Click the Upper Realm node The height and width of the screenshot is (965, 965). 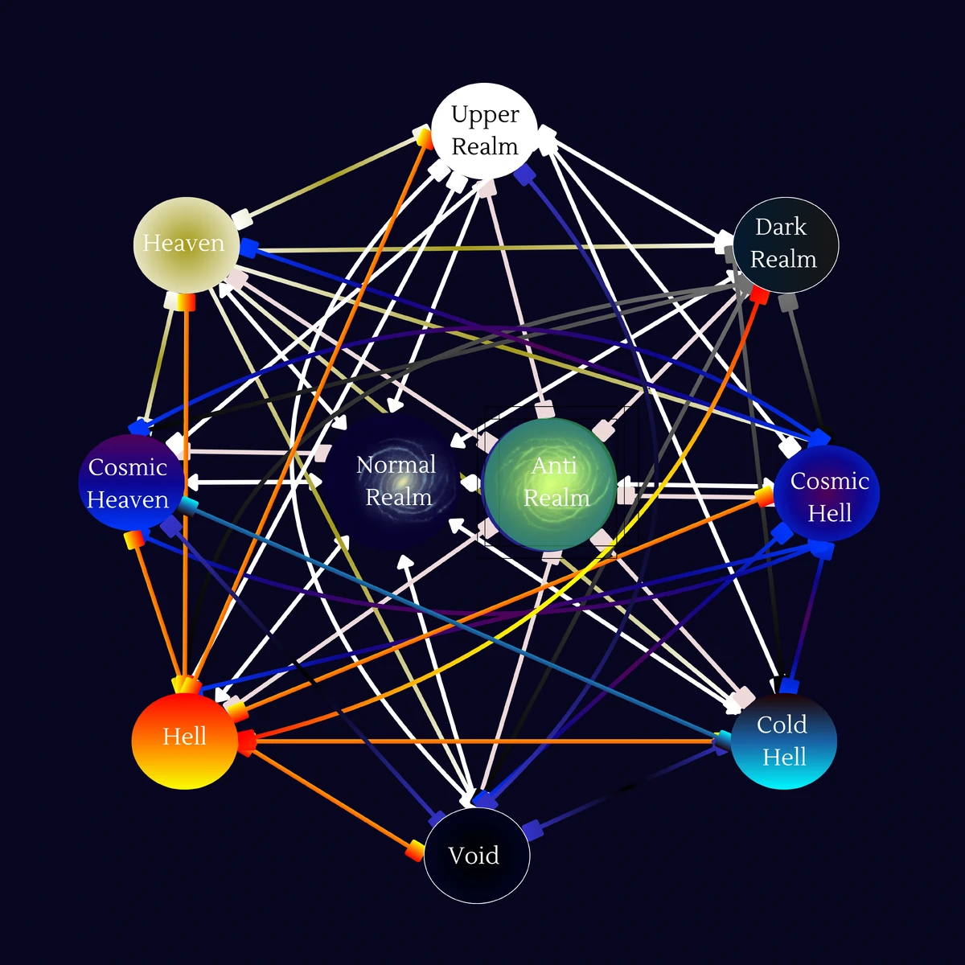tap(484, 130)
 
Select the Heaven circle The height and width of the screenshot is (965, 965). tap(186, 244)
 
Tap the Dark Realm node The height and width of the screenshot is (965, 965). tap(785, 244)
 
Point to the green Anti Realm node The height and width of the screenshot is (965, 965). tap(550, 483)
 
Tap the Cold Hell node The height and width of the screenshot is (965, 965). tap(783, 741)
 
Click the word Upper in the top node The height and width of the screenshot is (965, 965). tap(485, 114)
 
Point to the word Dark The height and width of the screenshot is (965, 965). tap(781, 228)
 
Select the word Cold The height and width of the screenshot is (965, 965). tap(782, 725)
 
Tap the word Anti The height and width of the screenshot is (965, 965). tap(554, 466)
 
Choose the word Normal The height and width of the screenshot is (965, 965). tap(396, 465)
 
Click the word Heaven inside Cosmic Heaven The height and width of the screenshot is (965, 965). tap(128, 500)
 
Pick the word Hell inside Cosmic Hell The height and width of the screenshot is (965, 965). tap(829, 513)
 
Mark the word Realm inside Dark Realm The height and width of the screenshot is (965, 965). tap(783, 260)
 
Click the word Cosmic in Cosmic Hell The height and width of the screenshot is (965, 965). tap(830, 481)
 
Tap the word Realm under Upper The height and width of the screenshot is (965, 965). tap(485, 146)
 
